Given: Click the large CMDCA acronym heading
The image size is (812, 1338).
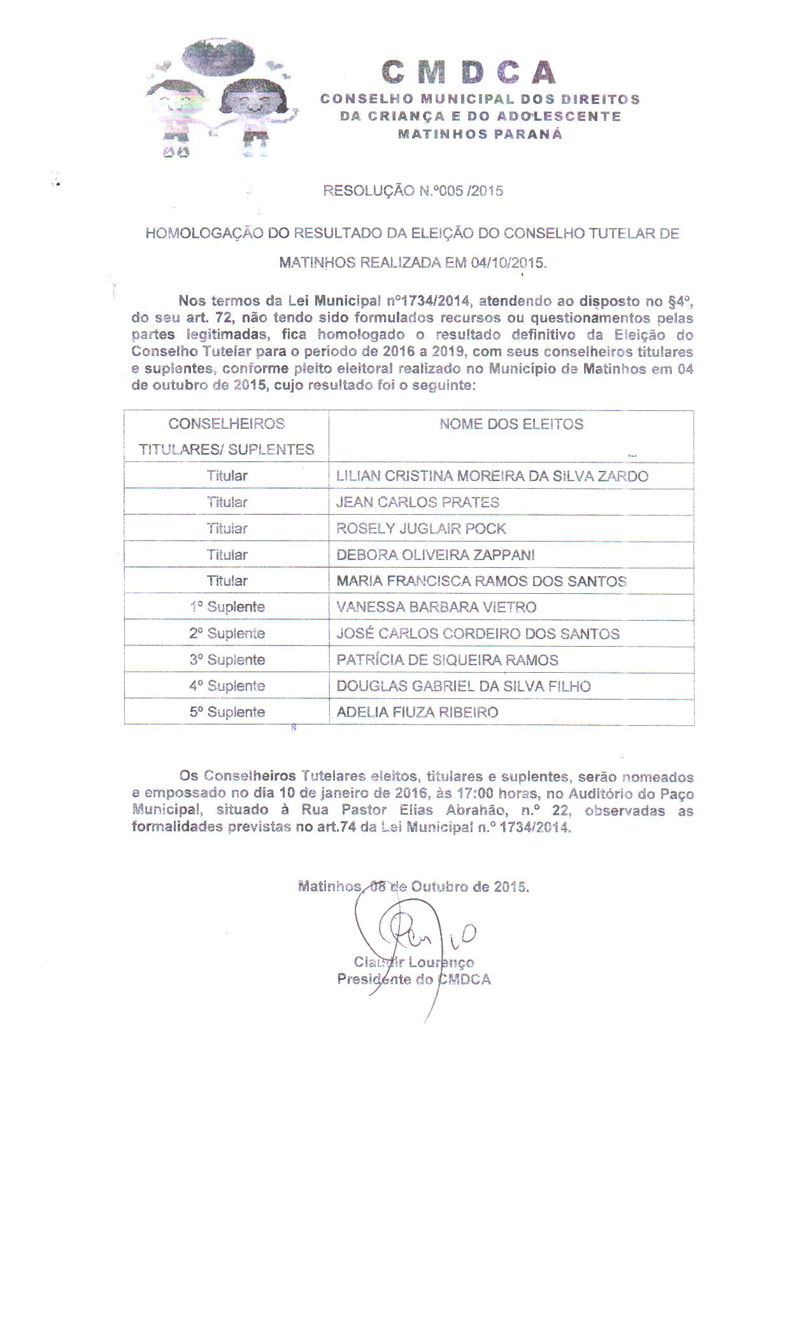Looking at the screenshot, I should pyautogui.click(x=469, y=73).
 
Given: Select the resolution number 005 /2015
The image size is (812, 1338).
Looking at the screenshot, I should pyautogui.click(x=471, y=191).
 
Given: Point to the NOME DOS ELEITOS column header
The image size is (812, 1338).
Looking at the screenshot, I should pyautogui.click(x=511, y=424).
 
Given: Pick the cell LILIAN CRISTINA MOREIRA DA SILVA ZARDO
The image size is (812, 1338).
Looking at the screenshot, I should pyautogui.click(x=492, y=476).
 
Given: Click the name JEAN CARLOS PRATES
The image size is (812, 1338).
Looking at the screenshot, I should pyautogui.click(x=417, y=502).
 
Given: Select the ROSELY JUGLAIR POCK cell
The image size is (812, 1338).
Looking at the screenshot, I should pyautogui.click(x=421, y=529).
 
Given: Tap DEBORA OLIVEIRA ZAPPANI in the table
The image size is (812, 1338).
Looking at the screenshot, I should pyautogui.click(x=435, y=555).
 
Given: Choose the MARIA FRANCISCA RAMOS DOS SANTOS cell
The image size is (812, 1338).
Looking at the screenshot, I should pyautogui.click(x=481, y=581).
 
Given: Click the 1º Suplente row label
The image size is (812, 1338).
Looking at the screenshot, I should pyautogui.click(x=227, y=607).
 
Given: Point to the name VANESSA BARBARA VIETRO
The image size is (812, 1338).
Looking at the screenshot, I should pyautogui.click(x=436, y=607).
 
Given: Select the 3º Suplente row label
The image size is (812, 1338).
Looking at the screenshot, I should pyautogui.click(x=227, y=660).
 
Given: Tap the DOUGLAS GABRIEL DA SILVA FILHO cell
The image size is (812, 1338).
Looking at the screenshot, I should pyautogui.click(x=463, y=686).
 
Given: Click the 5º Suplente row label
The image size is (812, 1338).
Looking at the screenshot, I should pyautogui.click(x=227, y=712).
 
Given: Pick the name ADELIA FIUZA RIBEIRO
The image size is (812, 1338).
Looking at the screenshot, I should pyautogui.click(x=417, y=712).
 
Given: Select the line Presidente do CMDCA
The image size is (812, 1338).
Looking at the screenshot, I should pyautogui.click(x=414, y=980).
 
